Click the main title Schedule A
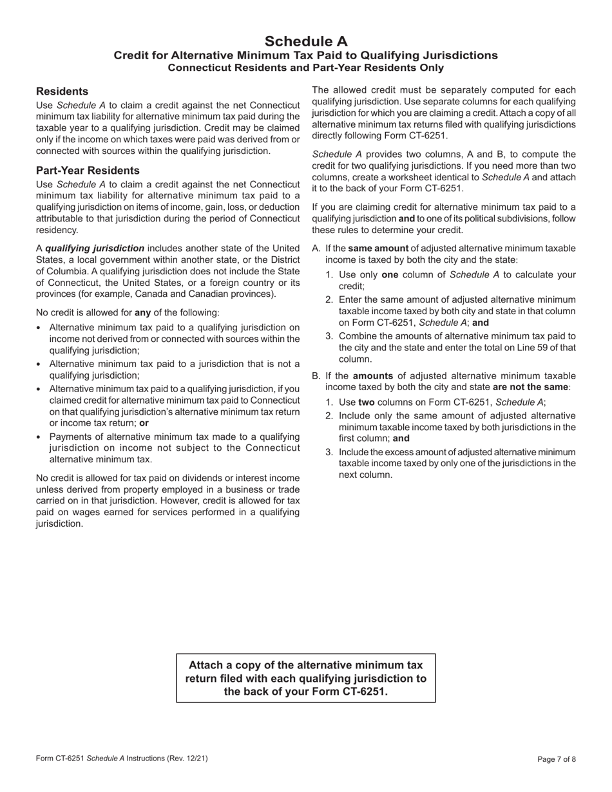coord(305,41)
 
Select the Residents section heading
coord(62,91)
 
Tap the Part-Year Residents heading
coord(88,171)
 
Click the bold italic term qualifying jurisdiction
coord(95,248)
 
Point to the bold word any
coord(142,313)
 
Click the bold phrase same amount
coord(378,248)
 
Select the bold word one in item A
coord(390,274)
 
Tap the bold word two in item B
coord(366,402)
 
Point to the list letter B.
coord(316,376)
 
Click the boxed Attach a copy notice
coord(305,679)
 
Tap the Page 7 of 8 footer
coord(557,759)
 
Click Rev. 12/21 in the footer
coord(187,759)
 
